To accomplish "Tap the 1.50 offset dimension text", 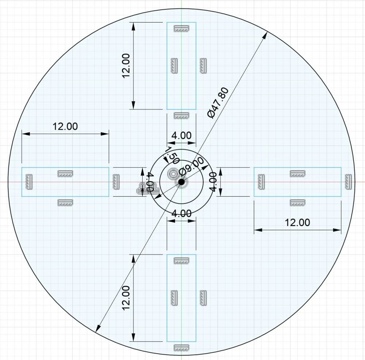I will (172, 156).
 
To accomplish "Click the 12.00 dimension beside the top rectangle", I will (126, 66).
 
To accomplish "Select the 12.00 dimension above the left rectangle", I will (65, 126).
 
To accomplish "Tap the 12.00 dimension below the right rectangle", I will (297, 222).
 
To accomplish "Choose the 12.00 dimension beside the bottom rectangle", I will (126, 298).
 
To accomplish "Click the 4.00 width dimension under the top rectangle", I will (181, 135).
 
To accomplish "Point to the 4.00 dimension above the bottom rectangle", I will (181, 213).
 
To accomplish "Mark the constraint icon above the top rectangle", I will (181, 28).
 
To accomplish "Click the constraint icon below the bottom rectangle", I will (181, 348).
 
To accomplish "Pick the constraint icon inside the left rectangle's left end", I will (28, 181).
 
